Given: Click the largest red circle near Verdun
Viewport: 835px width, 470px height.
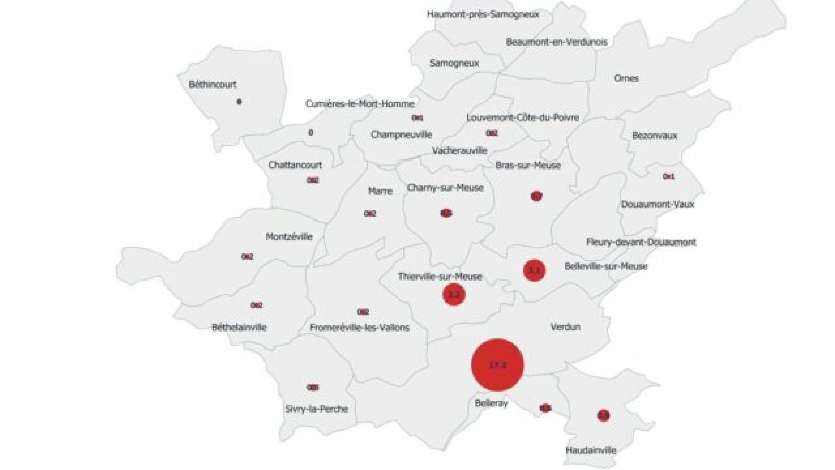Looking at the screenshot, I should click(x=498, y=365).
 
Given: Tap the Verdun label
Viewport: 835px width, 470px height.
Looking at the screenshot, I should click(x=565, y=327).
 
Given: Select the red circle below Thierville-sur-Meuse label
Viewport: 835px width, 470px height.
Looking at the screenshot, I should click(x=454, y=295).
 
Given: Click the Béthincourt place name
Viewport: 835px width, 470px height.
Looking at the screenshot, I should click(x=213, y=84).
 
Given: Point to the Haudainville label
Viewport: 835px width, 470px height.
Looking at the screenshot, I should click(x=591, y=450).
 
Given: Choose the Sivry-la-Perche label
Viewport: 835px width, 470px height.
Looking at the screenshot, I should click(x=317, y=409).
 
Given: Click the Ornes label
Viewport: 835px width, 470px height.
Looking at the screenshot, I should click(x=626, y=78).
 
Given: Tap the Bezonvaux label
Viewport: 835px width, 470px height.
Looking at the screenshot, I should click(x=655, y=135).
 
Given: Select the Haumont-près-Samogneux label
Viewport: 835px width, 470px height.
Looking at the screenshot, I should click(x=483, y=14).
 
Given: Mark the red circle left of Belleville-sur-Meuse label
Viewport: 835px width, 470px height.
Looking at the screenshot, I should click(x=534, y=271).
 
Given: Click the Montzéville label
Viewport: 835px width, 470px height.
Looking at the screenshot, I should click(x=289, y=237).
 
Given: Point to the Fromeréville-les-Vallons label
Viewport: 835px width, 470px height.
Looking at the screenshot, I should click(x=360, y=327).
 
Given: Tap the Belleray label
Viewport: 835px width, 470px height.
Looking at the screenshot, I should click(x=491, y=403).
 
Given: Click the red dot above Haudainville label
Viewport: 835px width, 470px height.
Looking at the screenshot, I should click(x=603, y=416).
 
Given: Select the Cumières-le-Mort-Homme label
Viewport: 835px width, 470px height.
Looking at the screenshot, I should click(x=360, y=104).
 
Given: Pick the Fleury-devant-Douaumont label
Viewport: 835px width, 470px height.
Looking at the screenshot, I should click(x=641, y=242).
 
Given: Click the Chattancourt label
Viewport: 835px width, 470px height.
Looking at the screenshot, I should click(x=295, y=165).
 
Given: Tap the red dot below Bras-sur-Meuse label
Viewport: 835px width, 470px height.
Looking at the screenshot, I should click(x=536, y=196).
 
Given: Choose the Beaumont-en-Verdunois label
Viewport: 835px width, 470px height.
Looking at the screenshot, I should click(x=557, y=42).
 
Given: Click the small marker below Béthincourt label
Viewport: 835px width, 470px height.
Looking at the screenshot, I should click(x=239, y=102).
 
